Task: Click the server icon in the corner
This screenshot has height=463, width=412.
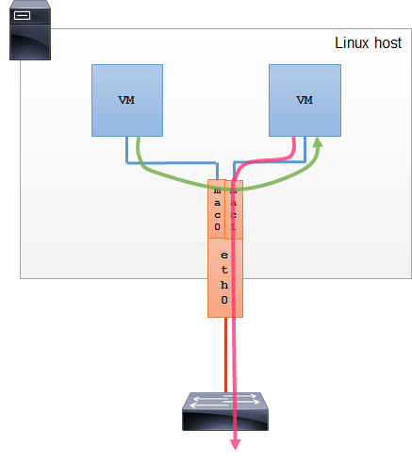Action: point(28,30)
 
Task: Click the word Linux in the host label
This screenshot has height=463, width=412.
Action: point(352,43)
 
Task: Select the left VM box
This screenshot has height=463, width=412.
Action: point(126,100)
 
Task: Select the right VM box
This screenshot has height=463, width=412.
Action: point(304,100)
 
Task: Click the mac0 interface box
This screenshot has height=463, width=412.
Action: point(216,209)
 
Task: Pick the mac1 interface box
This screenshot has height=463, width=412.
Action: point(234,209)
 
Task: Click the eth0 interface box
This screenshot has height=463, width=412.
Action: point(224,277)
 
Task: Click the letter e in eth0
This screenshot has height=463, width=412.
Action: point(224,256)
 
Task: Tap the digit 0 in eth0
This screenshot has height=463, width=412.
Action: point(224,300)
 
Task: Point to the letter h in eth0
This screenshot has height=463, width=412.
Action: point(224,285)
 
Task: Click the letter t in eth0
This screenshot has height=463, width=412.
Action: point(224,270)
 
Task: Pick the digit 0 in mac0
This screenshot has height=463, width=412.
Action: point(216,227)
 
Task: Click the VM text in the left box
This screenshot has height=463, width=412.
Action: point(126,100)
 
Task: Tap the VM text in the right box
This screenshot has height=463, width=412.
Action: point(304,100)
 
